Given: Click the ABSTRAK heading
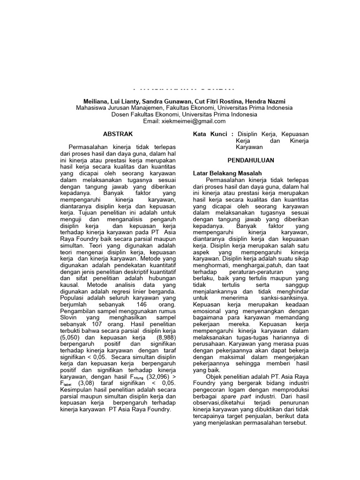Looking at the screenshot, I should click(118, 134).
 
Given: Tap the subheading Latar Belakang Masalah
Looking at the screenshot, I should click(227, 173).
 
